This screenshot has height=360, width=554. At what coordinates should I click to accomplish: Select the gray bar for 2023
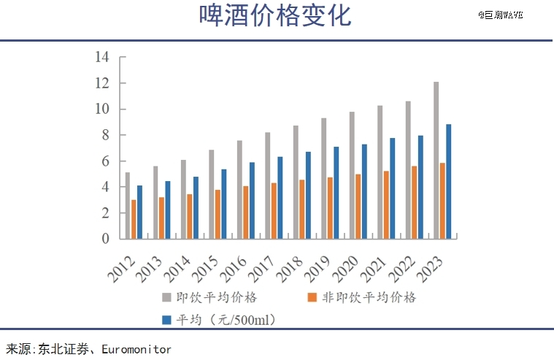[x=436, y=160]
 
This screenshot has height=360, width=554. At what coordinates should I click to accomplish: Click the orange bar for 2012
[x=134, y=219]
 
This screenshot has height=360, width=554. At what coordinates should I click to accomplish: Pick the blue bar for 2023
[x=448, y=181]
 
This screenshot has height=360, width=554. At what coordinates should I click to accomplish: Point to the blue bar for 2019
[x=336, y=193]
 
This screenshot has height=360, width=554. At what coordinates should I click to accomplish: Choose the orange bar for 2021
[x=386, y=204]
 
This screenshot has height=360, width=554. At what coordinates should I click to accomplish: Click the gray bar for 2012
[x=127, y=205]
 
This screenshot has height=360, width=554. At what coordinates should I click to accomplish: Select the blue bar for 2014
[x=196, y=207]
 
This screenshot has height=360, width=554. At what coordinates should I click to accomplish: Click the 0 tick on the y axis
[x=105, y=239]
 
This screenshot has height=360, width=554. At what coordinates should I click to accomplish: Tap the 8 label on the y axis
[x=105, y=135]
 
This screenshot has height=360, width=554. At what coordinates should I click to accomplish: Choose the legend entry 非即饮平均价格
[x=361, y=297]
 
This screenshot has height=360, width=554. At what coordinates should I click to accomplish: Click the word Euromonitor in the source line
[x=136, y=349]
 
